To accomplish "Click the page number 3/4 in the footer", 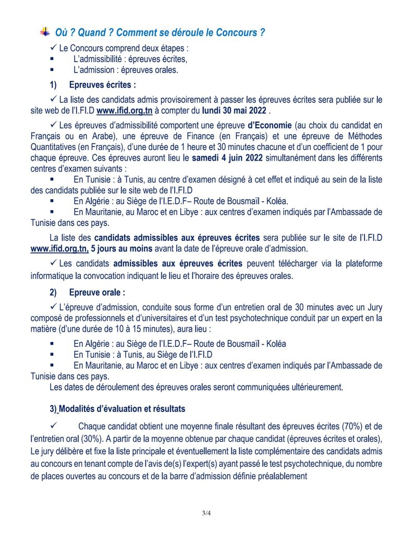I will (x=207, y=514).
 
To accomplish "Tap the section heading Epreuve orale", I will (x=97, y=293).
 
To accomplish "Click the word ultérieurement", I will (x=313, y=387).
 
